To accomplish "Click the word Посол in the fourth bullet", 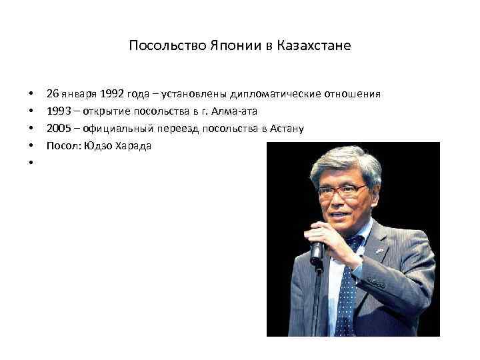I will tap(61, 145).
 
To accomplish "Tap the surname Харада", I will tap(135, 145).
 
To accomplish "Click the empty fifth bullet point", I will tap(31, 163).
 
